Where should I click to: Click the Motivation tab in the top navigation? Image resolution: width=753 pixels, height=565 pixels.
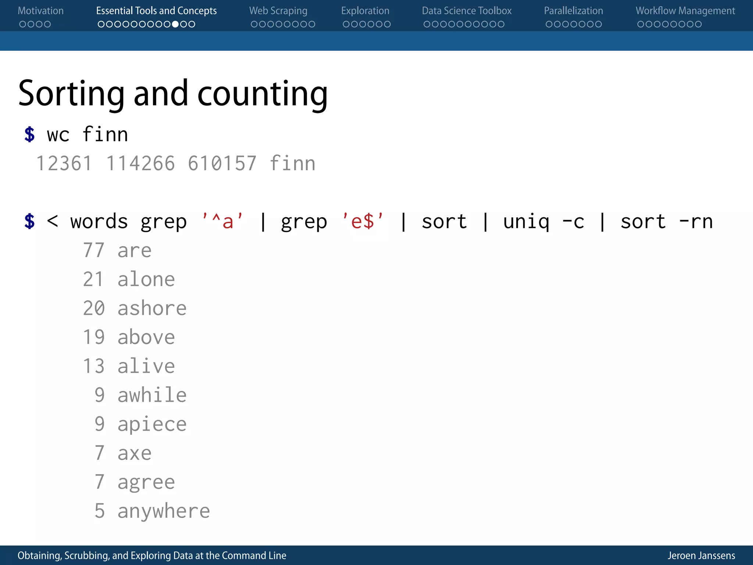(x=40, y=11)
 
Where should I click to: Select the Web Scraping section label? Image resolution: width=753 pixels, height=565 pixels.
(x=278, y=11)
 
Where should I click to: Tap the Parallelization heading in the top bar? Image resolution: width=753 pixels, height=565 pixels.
(x=573, y=11)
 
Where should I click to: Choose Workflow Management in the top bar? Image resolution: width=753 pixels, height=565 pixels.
(x=685, y=11)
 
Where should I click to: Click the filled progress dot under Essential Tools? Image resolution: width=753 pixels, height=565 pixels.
(x=175, y=24)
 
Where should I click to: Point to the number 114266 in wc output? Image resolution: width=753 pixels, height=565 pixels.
(x=140, y=163)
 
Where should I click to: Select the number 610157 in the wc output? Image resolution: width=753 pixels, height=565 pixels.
(x=222, y=163)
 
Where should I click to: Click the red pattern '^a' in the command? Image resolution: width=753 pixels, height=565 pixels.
(x=222, y=221)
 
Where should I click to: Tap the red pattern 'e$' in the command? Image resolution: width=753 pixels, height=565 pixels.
(x=363, y=221)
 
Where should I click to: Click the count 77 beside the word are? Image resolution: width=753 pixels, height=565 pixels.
(x=94, y=250)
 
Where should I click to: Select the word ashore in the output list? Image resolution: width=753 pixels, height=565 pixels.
(x=152, y=308)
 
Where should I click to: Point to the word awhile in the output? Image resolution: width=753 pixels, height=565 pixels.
(x=152, y=395)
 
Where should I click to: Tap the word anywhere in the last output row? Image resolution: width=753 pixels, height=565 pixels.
(x=164, y=511)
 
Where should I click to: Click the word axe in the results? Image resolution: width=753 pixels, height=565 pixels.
(x=134, y=453)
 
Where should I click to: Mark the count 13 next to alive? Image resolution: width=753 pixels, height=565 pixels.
(x=94, y=366)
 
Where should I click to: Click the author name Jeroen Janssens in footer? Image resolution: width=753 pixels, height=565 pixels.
(x=701, y=555)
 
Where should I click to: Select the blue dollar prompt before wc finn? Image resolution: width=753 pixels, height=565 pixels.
(x=29, y=134)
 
